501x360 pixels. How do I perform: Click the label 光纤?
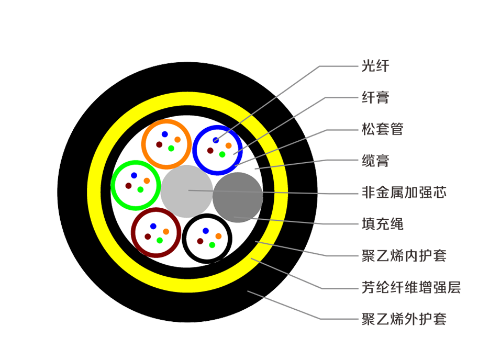pyautogui.click(x=375, y=66)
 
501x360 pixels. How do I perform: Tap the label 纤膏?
pyautogui.click(x=375, y=97)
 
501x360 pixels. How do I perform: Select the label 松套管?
pyautogui.click(x=382, y=129)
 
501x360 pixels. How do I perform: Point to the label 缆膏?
pyautogui.click(x=375, y=160)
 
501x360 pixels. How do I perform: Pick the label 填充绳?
pyautogui.click(x=382, y=224)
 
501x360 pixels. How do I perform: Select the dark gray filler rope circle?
pyautogui.click(x=238, y=197)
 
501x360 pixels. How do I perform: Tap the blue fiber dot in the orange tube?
pyautogui.click(x=164, y=134)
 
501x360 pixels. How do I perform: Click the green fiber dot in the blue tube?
pyautogui.click(x=222, y=154)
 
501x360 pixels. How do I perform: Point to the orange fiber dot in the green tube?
pyautogui.click(x=147, y=181)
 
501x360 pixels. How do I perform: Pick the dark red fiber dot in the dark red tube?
pyautogui.click(x=148, y=237)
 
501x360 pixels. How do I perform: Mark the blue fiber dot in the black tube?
pyautogui.click(x=206, y=231)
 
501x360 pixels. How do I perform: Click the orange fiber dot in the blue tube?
pyautogui.click(x=229, y=145)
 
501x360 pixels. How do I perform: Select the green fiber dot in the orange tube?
pyautogui.click(x=171, y=149)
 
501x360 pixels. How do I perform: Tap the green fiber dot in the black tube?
pyautogui.click(x=213, y=245)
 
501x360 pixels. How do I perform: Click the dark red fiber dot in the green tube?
pyautogui.click(x=128, y=186)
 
